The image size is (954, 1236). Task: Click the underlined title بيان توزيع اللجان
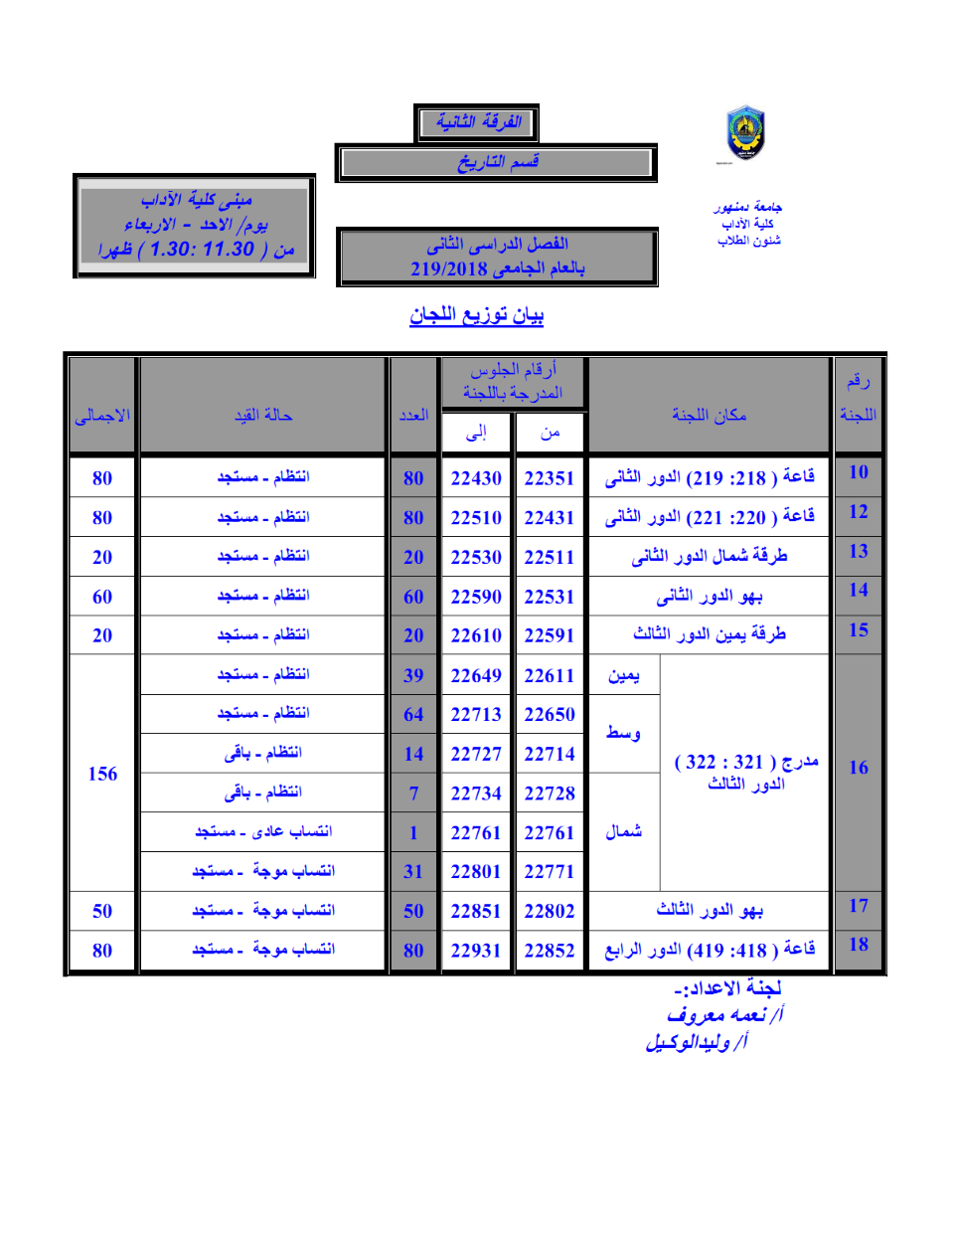click(477, 315)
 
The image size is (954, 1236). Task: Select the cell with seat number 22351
click(550, 478)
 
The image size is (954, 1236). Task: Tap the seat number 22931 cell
click(476, 951)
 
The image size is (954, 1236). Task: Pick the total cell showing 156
click(102, 774)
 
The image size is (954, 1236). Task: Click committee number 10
click(859, 472)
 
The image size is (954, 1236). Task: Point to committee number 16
click(859, 768)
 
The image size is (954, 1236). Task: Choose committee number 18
click(859, 945)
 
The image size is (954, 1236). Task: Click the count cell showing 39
click(413, 676)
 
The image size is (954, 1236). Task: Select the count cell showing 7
click(413, 794)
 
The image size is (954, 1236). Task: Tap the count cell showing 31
click(413, 872)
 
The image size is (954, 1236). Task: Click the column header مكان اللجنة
click(709, 415)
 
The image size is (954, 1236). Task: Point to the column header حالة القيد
click(263, 415)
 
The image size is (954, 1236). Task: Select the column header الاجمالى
click(102, 415)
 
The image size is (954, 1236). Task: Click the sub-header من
click(550, 433)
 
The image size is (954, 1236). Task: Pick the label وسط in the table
click(623, 733)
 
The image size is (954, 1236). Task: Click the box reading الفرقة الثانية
click(477, 122)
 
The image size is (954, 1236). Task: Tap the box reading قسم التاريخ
click(497, 162)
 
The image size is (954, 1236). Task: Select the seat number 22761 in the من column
click(550, 833)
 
